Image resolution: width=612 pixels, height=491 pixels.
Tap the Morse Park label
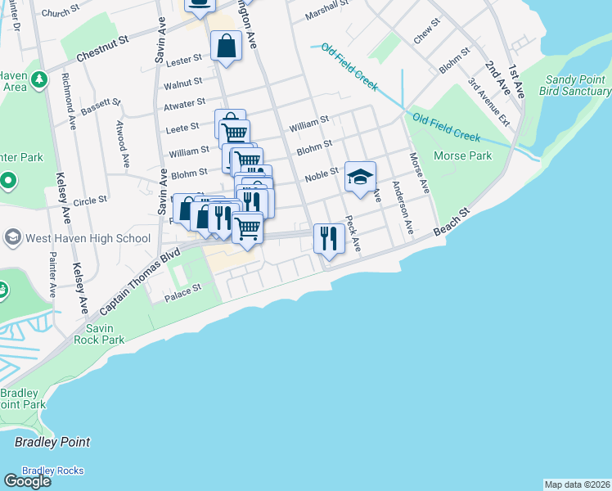tap(463, 155)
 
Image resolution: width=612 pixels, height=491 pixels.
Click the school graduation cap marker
tap(360, 177)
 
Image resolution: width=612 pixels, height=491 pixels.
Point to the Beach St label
tap(453, 221)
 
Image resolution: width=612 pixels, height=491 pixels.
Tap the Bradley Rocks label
tap(52, 471)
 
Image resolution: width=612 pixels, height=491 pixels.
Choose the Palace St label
tap(184, 291)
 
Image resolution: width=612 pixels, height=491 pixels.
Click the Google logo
tap(27, 481)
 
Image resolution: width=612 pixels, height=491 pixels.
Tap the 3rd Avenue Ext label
tap(489, 101)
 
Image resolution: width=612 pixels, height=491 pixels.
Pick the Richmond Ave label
tap(70, 96)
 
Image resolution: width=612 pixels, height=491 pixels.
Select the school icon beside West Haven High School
tap(12, 238)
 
